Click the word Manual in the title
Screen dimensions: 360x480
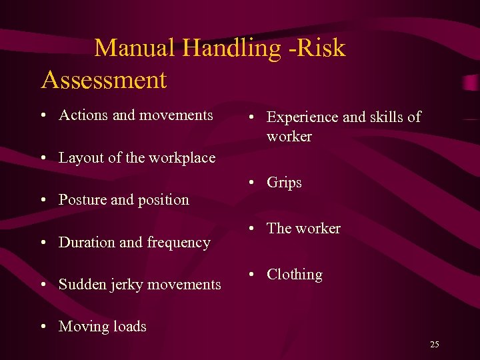pyautogui.click(x=135, y=48)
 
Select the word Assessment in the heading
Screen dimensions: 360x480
pyautogui.click(x=104, y=80)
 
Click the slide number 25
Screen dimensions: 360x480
pyautogui.click(x=435, y=345)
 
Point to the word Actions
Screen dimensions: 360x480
pyautogui.click(x=83, y=115)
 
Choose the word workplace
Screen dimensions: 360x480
pyautogui.click(x=182, y=158)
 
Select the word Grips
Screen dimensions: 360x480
pyautogui.click(x=284, y=183)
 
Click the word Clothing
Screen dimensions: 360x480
pyautogui.click(x=294, y=275)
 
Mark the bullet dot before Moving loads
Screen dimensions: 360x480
pyautogui.click(x=43, y=327)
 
